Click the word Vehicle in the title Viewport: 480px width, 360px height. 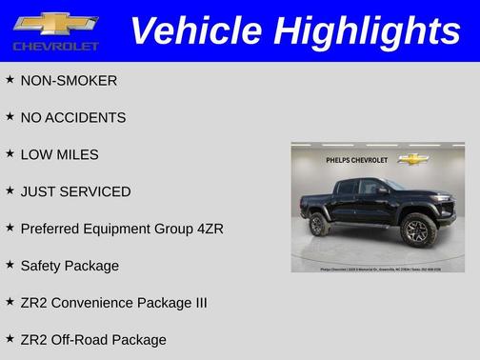pyautogui.click(x=195, y=30)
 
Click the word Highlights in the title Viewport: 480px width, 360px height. pyautogui.click(x=366, y=30)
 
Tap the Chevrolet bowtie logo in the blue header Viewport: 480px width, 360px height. pyautogui.click(x=55, y=24)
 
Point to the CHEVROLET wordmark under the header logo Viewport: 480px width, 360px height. pyautogui.click(x=55, y=46)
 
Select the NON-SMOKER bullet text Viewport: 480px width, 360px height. pyautogui.click(x=69, y=81)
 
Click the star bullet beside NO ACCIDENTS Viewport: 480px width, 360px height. pyautogui.click(x=10, y=116)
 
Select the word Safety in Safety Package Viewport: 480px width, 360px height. pyautogui.click(x=41, y=267)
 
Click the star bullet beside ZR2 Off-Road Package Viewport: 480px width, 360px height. pyautogui.click(x=10, y=338)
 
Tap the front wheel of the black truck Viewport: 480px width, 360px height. pyautogui.click(x=415, y=228)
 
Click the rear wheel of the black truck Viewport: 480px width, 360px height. pyautogui.click(x=319, y=225)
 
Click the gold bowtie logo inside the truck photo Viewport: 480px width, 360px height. pyautogui.click(x=412, y=159)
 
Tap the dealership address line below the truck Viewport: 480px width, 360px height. pyautogui.click(x=378, y=268)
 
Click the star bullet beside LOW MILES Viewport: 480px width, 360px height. pyautogui.click(x=10, y=153)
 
